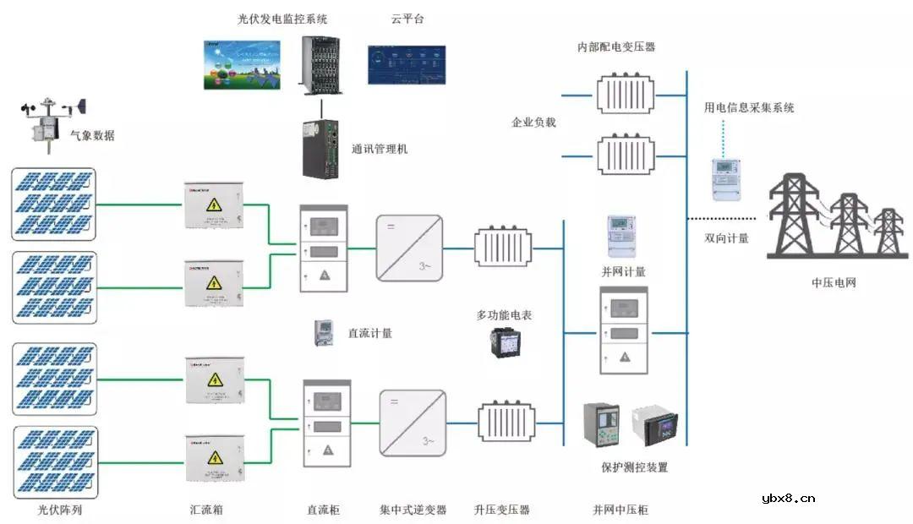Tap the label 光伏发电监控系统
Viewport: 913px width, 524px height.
(x=282, y=19)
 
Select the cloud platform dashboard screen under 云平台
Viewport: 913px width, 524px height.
(x=407, y=65)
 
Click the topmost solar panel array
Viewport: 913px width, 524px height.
(x=54, y=204)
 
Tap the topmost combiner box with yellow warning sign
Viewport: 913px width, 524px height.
(x=214, y=205)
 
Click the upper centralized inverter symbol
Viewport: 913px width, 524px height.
(x=409, y=248)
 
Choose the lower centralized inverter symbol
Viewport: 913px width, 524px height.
(x=413, y=423)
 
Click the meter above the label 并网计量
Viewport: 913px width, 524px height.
(x=621, y=235)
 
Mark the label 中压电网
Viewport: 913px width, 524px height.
(x=834, y=282)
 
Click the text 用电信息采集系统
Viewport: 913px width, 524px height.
(x=749, y=107)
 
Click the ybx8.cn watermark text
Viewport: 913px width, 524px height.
(x=788, y=498)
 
